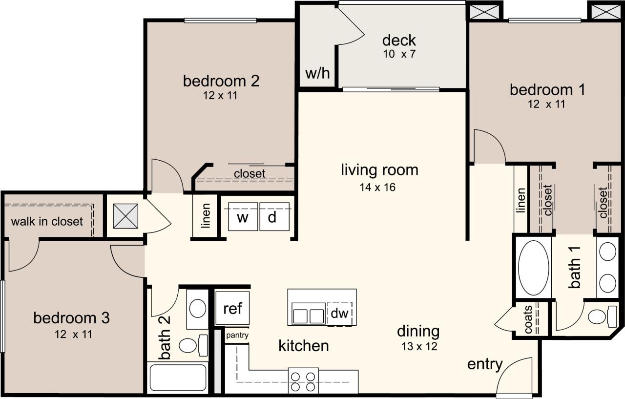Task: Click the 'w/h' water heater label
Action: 318,74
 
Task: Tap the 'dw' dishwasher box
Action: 340,313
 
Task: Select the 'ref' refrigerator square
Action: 233,309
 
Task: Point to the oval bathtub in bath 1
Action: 533,268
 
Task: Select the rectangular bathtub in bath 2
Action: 178,378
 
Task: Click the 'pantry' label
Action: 237,336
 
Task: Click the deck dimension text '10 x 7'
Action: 399,54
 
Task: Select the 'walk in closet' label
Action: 47,221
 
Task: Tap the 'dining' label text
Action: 418,332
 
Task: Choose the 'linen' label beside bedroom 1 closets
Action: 521,200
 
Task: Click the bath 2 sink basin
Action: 198,309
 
